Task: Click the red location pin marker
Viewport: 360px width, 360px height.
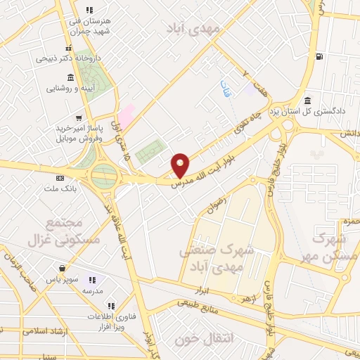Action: tap(181, 165)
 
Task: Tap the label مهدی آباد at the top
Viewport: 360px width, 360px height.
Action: tap(193, 28)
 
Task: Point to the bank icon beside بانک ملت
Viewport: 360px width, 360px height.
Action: tap(59, 178)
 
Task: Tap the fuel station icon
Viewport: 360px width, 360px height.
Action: tap(321, 56)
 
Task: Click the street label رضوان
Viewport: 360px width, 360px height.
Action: tap(215, 204)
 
